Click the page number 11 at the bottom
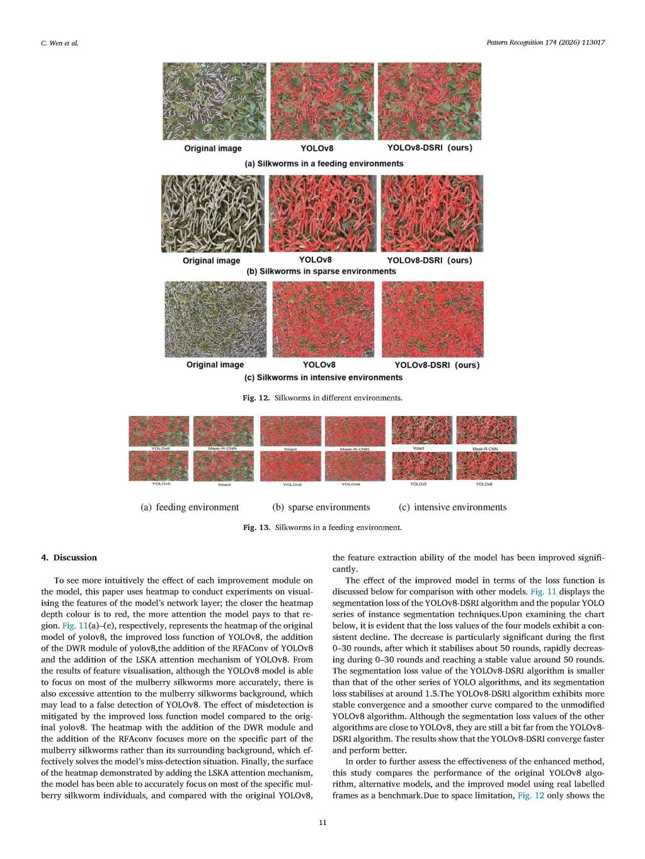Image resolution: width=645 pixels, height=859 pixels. coord(322,822)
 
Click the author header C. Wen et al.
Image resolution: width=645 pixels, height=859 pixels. coord(55,43)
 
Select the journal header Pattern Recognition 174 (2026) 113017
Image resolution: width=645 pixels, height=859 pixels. coord(545,42)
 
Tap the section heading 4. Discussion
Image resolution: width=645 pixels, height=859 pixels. coord(69,558)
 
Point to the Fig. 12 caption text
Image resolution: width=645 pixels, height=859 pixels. coord(322,398)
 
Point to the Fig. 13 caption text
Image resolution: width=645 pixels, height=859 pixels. coord(322,527)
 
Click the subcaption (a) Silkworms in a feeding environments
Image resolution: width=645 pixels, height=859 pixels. coord(324,164)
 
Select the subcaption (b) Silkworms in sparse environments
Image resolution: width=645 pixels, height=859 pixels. coord(321,271)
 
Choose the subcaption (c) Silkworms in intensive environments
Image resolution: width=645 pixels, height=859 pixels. coord(323,378)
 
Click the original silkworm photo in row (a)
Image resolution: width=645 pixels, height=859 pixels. coord(215,101)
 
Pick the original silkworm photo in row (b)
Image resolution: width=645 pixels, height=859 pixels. coord(212,214)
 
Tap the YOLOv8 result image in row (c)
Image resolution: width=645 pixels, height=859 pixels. coord(322,319)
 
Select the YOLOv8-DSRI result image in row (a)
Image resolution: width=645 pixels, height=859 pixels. coord(430,101)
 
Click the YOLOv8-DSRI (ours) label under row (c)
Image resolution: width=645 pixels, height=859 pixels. coord(437,365)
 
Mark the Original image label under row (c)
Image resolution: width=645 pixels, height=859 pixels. coord(215,365)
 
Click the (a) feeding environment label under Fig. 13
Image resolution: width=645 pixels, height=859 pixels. coord(190,507)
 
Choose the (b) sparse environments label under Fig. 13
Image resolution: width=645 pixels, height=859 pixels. coord(321,507)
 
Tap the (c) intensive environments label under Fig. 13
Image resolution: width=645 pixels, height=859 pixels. coord(452,507)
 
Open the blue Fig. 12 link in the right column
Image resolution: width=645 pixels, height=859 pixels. coord(530,795)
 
